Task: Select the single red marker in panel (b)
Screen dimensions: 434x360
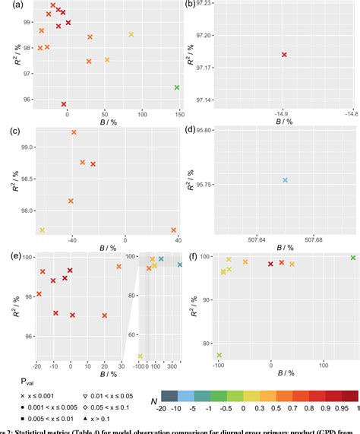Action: click(284, 55)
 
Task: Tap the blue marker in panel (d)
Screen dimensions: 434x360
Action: click(285, 180)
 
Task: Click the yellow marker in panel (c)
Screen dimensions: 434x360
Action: click(43, 230)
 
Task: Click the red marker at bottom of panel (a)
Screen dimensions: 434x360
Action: click(64, 104)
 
